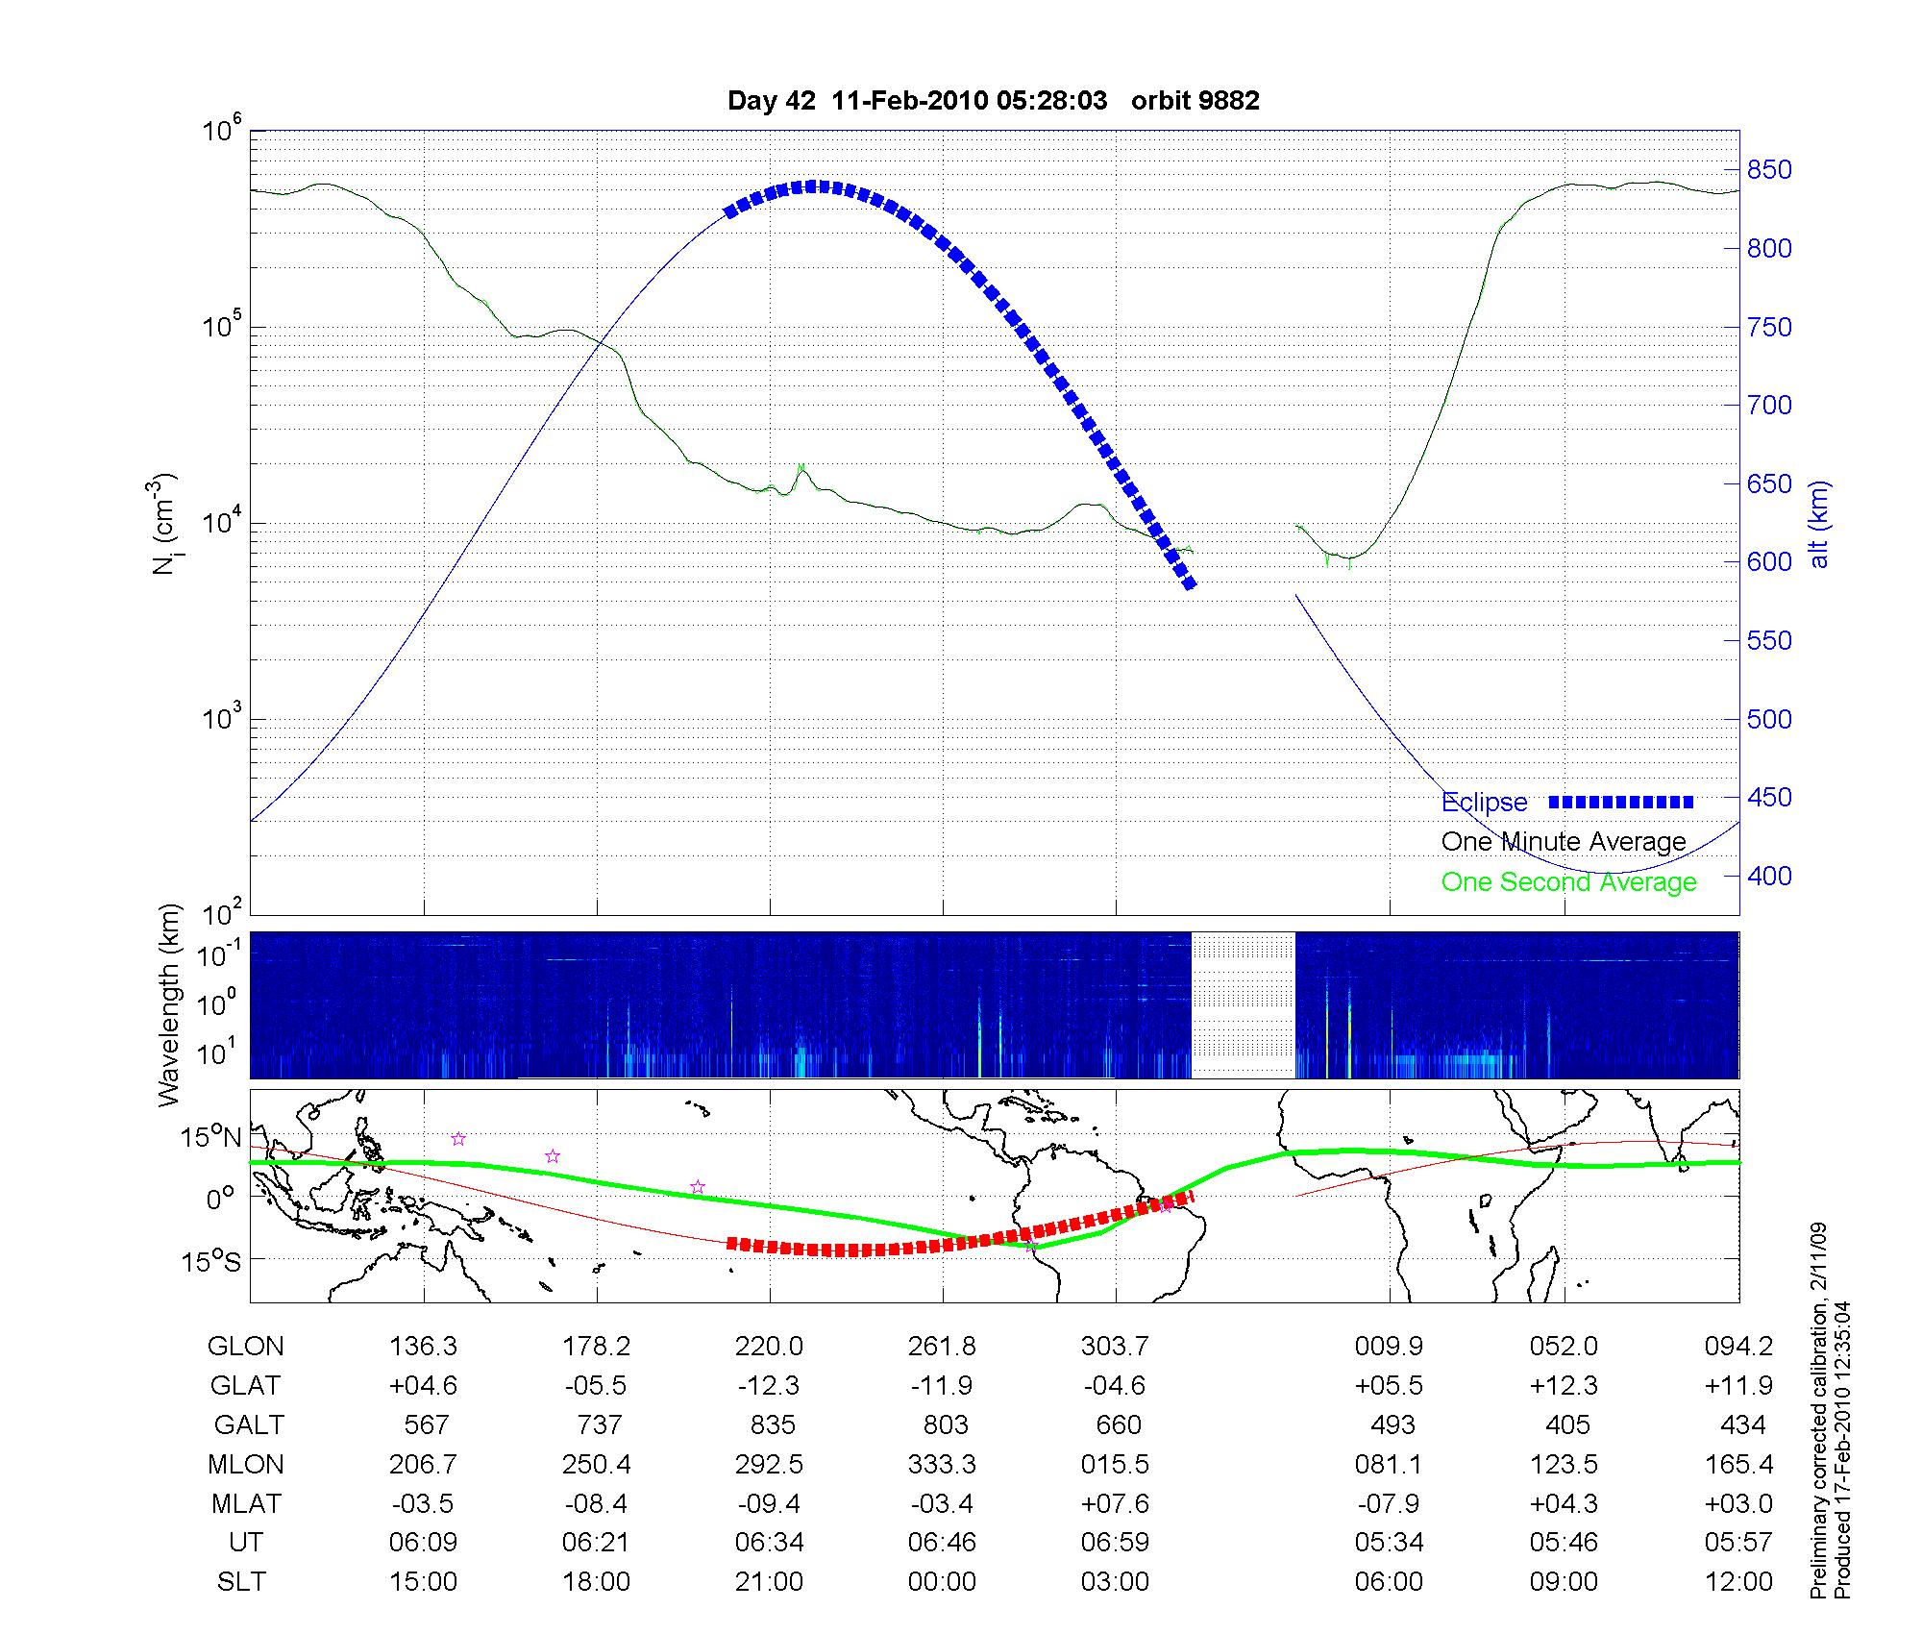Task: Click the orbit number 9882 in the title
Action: point(1195,100)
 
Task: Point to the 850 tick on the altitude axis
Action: point(1768,170)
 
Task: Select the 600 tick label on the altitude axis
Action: point(1768,561)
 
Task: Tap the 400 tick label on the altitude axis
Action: point(1768,876)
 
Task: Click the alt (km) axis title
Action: point(1820,524)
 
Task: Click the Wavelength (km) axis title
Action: point(170,1004)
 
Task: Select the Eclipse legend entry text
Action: point(1484,802)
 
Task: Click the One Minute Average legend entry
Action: point(1564,842)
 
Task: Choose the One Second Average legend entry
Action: point(1568,881)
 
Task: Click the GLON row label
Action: point(245,1346)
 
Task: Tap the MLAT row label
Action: point(245,1503)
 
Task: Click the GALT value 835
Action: point(772,1424)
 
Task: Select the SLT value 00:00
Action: point(942,1581)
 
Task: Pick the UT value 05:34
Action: point(1389,1542)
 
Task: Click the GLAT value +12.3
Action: point(1564,1385)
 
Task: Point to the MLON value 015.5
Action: point(1115,1464)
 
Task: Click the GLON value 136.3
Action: point(423,1346)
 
